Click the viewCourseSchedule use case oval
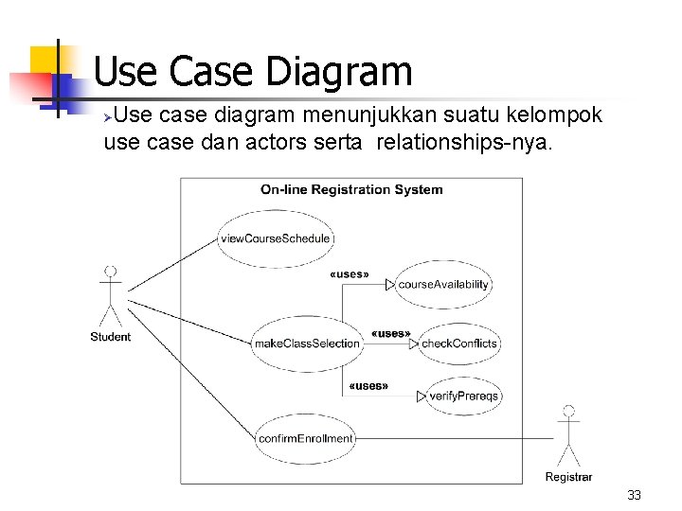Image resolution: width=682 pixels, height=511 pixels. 275,238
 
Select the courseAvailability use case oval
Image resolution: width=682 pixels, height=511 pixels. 443,284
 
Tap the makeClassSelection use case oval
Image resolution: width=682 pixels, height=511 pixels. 307,344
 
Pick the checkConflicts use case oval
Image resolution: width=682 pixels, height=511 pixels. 458,344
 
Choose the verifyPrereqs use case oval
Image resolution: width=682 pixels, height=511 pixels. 464,396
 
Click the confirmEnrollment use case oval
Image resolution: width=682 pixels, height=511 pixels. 305,438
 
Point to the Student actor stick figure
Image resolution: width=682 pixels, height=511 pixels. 111,294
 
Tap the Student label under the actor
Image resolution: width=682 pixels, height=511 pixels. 111,337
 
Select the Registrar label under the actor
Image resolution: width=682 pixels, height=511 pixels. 568,477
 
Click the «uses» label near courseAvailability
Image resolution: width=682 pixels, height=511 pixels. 349,274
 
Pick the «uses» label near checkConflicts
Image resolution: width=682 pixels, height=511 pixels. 390,333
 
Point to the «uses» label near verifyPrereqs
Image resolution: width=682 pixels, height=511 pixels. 368,386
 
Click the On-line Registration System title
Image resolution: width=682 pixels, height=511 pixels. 351,189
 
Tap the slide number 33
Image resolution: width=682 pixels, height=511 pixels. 634,496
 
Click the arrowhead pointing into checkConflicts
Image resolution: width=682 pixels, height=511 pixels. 414,344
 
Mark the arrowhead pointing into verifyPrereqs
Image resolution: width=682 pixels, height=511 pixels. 422,396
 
